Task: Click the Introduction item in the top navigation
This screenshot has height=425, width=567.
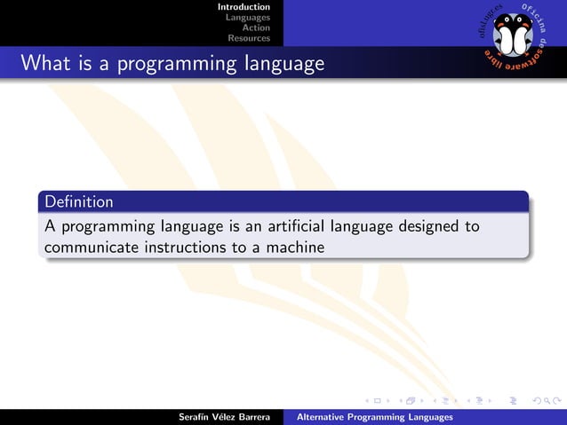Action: tap(244, 7)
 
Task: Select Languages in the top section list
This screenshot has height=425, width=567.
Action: tap(248, 18)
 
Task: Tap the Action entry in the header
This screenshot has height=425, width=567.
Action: tap(256, 28)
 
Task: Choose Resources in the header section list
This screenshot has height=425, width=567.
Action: tap(249, 38)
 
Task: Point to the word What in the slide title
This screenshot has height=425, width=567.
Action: tap(41, 64)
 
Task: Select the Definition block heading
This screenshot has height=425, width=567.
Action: tap(79, 201)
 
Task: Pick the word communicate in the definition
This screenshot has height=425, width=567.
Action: tap(92, 248)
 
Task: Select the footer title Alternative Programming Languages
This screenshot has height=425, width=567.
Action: tap(374, 417)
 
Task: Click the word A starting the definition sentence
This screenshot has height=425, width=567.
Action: tap(50, 226)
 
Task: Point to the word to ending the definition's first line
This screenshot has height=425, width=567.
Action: tap(472, 226)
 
